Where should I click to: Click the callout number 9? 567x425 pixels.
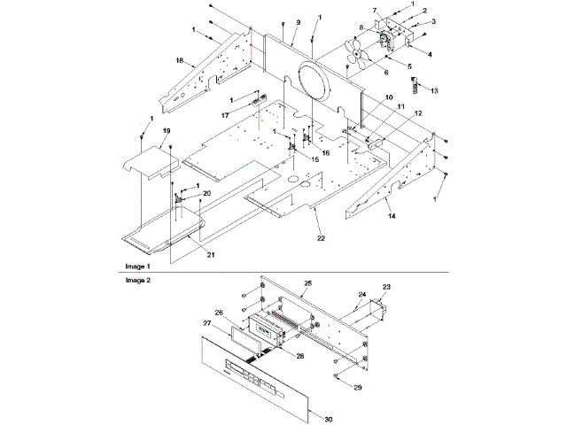(298, 21)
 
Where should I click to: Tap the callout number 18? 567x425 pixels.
(179, 61)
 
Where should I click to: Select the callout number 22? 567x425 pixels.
(320, 238)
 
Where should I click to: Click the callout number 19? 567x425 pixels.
(167, 131)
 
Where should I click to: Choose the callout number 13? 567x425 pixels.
(433, 90)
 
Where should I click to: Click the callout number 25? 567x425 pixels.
(308, 284)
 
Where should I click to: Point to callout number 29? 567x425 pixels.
(358, 388)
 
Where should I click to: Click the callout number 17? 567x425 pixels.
(226, 116)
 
